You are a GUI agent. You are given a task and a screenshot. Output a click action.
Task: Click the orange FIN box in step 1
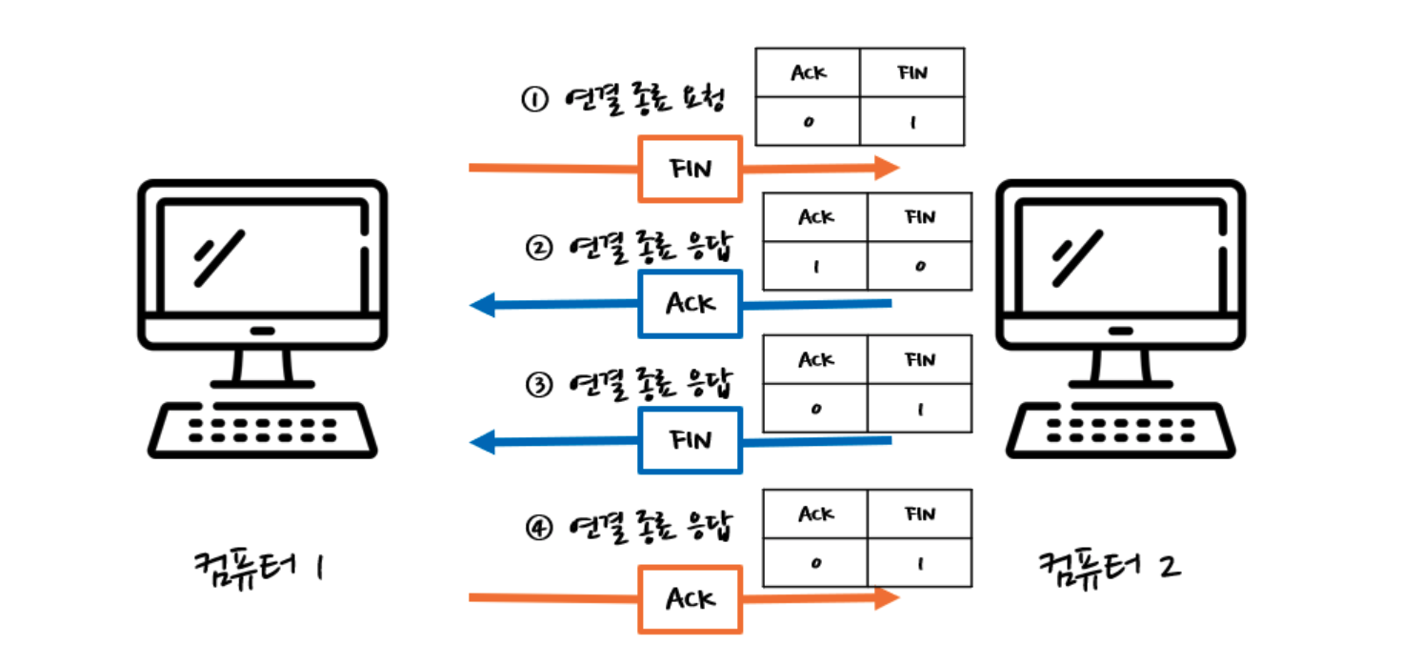tap(691, 169)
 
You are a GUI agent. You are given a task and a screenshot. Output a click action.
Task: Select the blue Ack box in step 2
tap(691, 304)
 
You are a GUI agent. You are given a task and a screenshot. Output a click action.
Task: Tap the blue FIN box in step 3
tap(691, 440)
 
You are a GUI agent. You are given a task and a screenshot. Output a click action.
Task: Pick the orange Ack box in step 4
tap(691, 599)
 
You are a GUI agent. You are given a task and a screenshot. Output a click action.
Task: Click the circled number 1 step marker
tap(534, 99)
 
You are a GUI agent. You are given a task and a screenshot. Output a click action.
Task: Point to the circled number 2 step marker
tap(539, 248)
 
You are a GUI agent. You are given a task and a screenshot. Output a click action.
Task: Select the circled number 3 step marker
tap(539, 385)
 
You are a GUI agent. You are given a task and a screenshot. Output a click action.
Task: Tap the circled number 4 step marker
tap(539, 527)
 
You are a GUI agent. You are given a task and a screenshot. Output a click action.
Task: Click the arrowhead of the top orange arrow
tap(887, 168)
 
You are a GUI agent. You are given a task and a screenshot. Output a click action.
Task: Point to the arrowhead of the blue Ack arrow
tap(483, 305)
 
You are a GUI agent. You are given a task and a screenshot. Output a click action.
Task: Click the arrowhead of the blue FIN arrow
tap(483, 442)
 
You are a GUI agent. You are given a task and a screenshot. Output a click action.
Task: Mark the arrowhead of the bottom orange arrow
tap(887, 598)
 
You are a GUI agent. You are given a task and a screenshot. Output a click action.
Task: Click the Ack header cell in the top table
tap(808, 72)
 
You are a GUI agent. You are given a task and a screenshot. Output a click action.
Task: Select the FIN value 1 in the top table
tap(912, 122)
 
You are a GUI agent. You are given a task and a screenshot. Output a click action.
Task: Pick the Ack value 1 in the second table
tap(815, 267)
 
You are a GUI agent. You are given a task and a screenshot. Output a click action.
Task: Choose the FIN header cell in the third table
tap(920, 359)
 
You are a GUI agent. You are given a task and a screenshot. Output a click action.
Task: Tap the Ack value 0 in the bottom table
tap(815, 564)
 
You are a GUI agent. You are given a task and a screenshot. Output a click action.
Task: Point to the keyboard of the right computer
tap(1120, 431)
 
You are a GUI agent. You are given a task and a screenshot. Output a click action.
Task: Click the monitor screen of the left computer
tap(263, 255)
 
